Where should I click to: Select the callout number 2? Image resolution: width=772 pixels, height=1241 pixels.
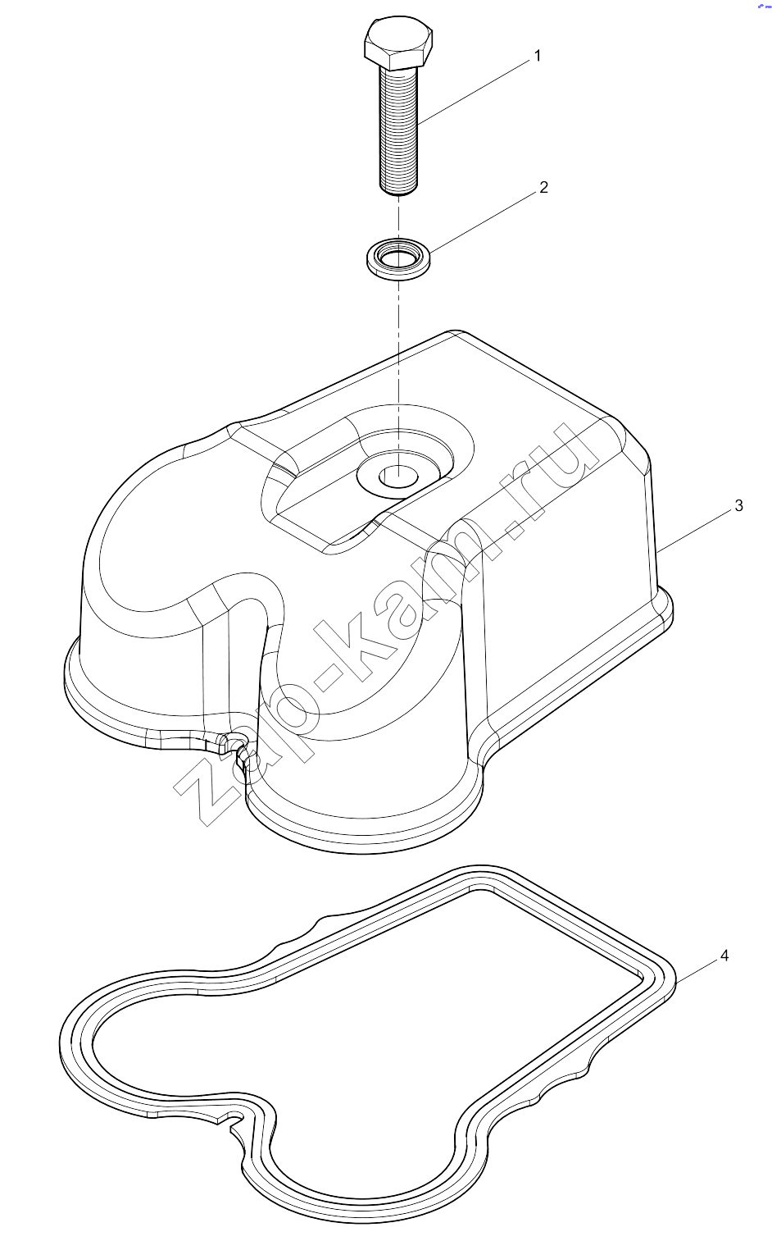(x=543, y=187)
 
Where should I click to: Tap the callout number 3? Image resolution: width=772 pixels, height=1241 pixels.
(x=738, y=505)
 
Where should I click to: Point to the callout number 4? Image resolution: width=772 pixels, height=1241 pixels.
(x=724, y=956)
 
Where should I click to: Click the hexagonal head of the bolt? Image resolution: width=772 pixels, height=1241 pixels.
(x=398, y=43)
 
